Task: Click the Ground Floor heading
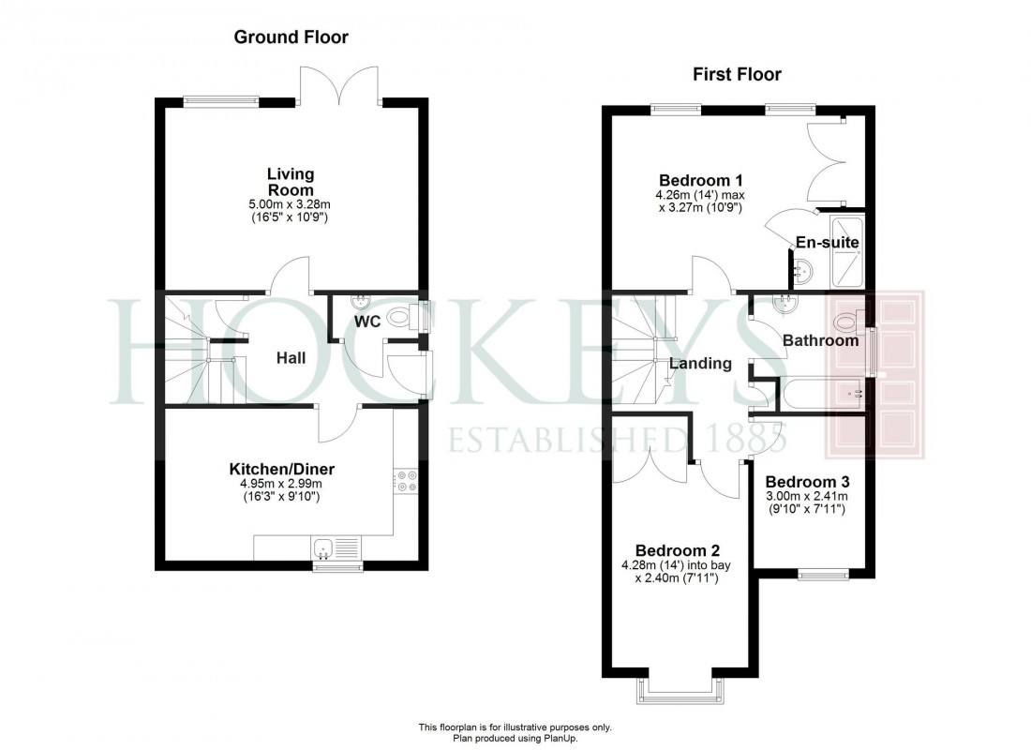[x=291, y=37]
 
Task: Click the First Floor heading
[x=737, y=74]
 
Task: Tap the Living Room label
[x=291, y=182]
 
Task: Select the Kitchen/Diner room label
[x=282, y=469]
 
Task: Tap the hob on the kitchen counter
[x=406, y=481]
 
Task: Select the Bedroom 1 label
[x=701, y=181]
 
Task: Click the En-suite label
[x=827, y=243]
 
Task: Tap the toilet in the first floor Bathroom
[x=849, y=322]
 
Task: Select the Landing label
[x=701, y=364]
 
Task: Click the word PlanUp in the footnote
[x=551, y=739]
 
